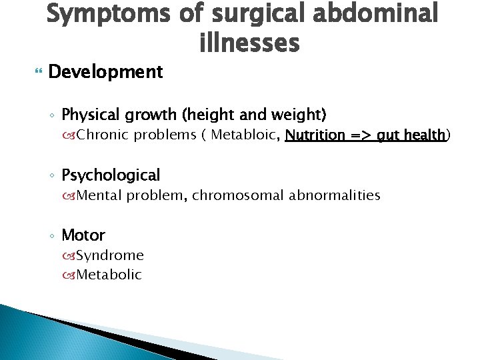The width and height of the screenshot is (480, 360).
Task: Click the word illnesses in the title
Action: click(249, 43)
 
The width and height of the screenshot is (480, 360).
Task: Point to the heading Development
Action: click(106, 72)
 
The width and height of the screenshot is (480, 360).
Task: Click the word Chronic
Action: click(103, 135)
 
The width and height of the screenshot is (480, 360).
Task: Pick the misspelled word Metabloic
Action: click(245, 135)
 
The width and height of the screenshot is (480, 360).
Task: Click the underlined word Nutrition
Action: click(317, 135)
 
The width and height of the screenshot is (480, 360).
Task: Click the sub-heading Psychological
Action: click(111, 175)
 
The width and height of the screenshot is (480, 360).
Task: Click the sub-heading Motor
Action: click(83, 235)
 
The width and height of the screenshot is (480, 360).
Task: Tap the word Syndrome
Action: click(110, 255)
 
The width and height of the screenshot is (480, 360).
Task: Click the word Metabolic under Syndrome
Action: click(109, 274)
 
